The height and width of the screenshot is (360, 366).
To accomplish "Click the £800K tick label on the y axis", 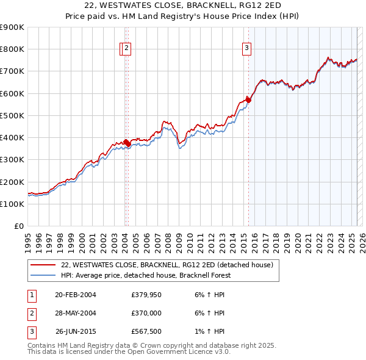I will [13, 49].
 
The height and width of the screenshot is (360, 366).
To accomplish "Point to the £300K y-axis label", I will [13, 160].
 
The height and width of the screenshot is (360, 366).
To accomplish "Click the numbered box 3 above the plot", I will [246, 49].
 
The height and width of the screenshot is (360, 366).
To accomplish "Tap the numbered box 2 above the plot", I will [126, 49].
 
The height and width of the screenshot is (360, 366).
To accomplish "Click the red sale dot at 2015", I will [248, 100].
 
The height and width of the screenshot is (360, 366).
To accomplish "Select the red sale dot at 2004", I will [126, 143].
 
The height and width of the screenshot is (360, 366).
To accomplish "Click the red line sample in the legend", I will [43, 265].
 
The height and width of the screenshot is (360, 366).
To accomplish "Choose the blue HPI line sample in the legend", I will [43, 275].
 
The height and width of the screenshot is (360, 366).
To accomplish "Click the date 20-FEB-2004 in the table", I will [76, 295].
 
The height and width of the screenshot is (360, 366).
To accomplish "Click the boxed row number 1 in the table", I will [30, 295].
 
